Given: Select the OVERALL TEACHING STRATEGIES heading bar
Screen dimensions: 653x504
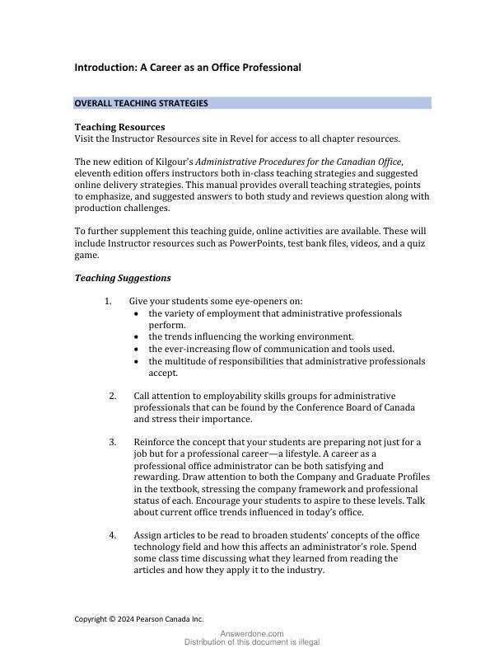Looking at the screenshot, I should pyautogui.click(x=253, y=103).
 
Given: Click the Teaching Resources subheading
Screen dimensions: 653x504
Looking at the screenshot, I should pyautogui.click(x=119, y=127).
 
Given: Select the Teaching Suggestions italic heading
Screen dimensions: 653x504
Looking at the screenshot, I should pyautogui.click(x=123, y=278).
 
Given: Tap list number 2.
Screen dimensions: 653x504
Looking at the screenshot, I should pyautogui.click(x=113, y=396).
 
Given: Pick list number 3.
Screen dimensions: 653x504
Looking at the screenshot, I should pyautogui.click(x=113, y=442).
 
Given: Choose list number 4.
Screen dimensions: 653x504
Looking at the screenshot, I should pyautogui.click(x=113, y=535).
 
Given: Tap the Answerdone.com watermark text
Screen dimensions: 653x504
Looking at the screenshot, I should pyautogui.click(x=252, y=633).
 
